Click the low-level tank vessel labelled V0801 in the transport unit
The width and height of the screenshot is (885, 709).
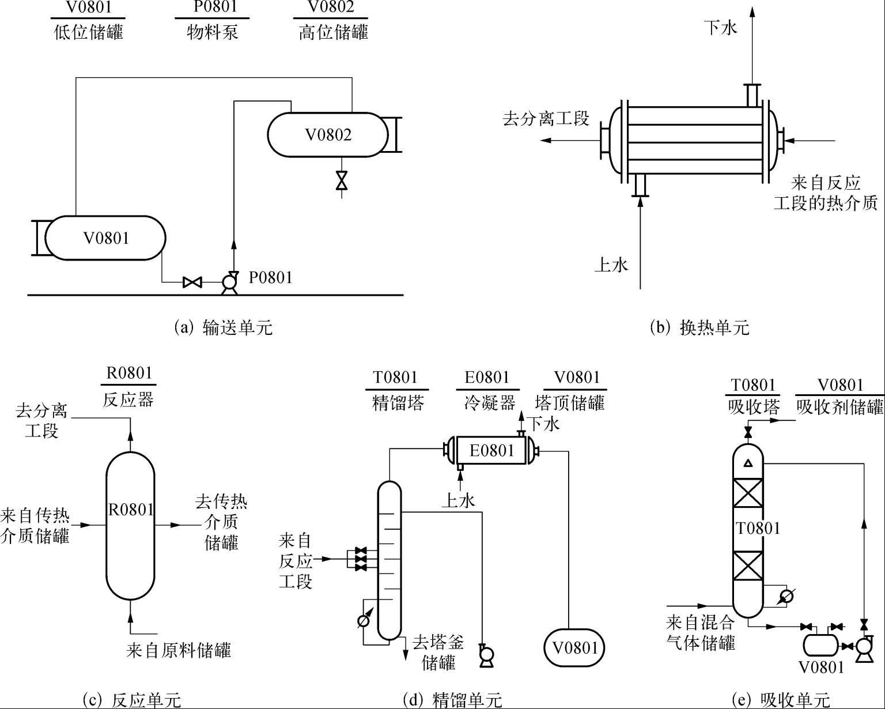pos(105,238)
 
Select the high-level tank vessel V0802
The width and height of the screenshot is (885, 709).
pos(328,135)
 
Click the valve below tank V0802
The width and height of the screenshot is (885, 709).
pos(342,181)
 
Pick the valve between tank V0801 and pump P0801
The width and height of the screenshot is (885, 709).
pos(191,282)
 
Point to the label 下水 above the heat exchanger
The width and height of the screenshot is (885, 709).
pos(720,27)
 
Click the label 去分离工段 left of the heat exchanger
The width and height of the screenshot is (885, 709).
pos(546,119)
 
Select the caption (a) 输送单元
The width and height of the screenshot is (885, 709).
pos(223,327)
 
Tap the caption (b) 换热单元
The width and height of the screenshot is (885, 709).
pos(699,327)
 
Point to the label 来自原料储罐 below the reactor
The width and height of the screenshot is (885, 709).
pos(179,651)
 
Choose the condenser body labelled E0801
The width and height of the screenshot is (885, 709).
pos(491,450)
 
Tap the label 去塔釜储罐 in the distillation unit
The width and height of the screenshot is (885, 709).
pos(438,652)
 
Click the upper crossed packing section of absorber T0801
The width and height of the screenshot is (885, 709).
pos(748,492)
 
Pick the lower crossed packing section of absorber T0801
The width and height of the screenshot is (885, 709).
pos(748,566)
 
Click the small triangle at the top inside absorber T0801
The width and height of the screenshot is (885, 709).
pos(748,462)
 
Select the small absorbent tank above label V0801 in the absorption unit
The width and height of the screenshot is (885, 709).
pos(821,645)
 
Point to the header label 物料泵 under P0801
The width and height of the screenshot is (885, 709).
pos(212,32)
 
